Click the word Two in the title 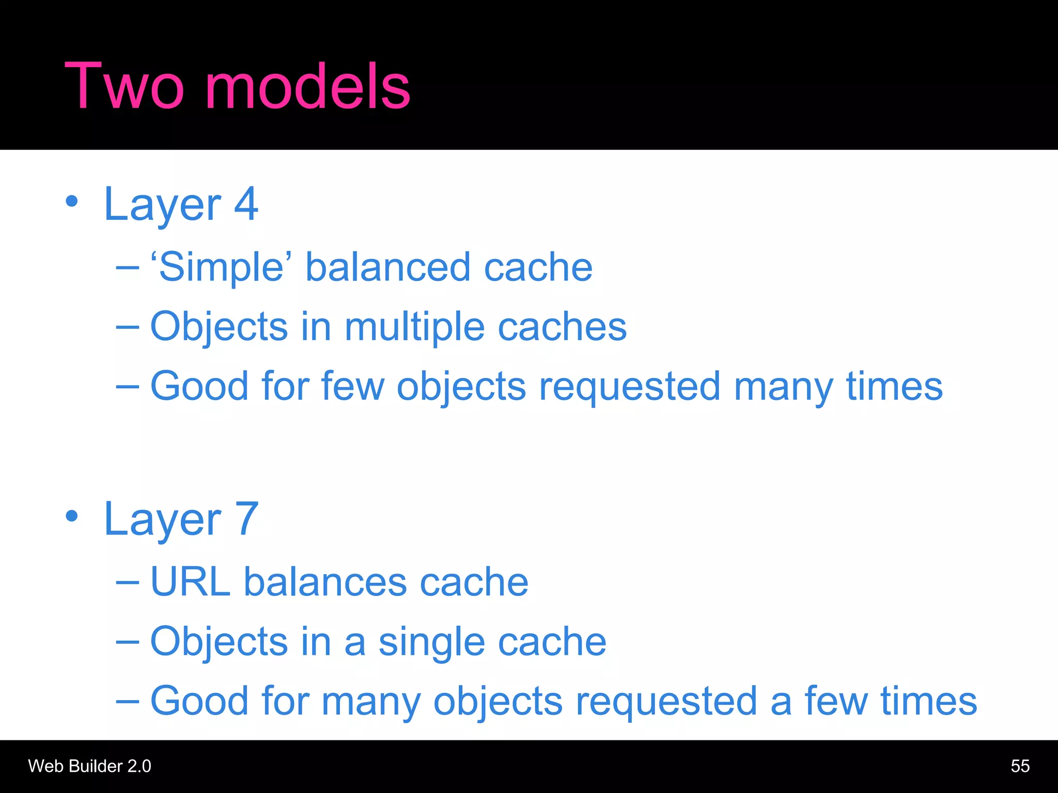click(124, 86)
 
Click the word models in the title click(308, 86)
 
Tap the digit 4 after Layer click(246, 204)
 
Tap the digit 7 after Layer click(246, 519)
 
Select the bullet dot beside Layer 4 click(72, 201)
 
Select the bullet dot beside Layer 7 click(72, 516)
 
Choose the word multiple click(415, 327)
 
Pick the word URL click(190, 582)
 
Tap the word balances click(325, 582)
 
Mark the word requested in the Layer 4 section click(629, 387)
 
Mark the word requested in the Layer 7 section click(666, 701)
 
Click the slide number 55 click(1020, 766)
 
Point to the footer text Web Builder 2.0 click(89, 766)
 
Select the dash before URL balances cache click(128, 582)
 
